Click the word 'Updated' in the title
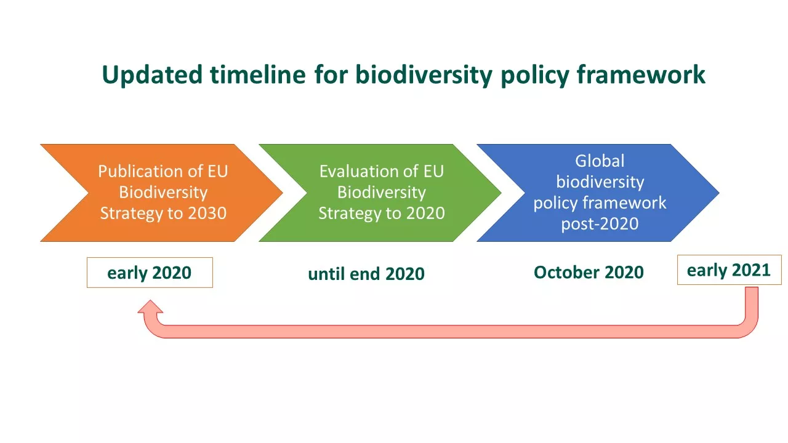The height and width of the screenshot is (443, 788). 152,75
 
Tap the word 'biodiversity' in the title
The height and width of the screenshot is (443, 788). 424,76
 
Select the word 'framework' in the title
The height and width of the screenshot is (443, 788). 641,74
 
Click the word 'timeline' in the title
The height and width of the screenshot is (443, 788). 258,74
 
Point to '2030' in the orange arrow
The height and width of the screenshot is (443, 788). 207,213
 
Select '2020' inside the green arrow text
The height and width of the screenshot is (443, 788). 425,213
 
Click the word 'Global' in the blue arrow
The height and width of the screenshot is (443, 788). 600,161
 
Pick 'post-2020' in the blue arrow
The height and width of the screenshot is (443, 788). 600,223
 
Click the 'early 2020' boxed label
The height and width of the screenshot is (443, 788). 150,273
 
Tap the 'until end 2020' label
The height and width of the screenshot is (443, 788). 366,274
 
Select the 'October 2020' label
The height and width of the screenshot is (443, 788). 589,273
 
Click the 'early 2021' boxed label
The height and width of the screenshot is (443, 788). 730,270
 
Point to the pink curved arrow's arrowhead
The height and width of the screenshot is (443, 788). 150,306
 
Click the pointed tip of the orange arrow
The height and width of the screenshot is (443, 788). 283,193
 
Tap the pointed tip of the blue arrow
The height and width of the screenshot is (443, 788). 719,193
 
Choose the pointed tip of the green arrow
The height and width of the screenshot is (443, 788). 501,193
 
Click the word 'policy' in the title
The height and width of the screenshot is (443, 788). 535,76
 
